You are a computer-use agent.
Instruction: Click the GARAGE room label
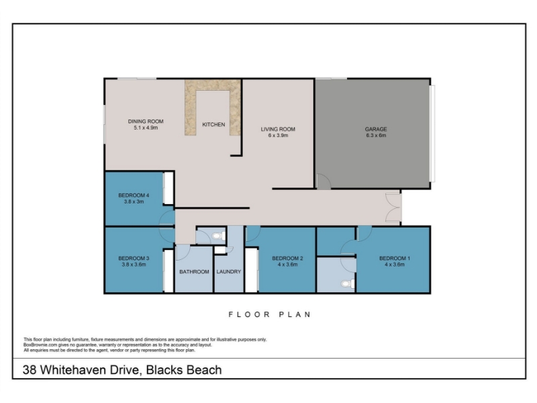click(x=376, y=129)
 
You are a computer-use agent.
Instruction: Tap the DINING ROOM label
click(x=146, y=122)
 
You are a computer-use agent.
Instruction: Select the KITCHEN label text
click(x=213, y=124)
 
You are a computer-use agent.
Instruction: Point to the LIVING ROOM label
click(x=278, y=129)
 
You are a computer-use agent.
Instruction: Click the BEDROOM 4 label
click(x=134, y=195)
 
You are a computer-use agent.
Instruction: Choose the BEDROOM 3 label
click(x=134, y=259)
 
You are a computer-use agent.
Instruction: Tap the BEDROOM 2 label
click(x=287, y=259)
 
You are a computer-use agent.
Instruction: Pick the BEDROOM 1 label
click(x=395, y=259)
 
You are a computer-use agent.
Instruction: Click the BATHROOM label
click(x=194, y=272)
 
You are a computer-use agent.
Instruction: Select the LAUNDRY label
click(x=229, y=272)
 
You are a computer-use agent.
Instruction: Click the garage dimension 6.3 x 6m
click(x=376, y=136)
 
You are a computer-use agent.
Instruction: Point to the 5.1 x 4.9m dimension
click(x=146, y=128)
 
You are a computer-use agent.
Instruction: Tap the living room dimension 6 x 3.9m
click(x=278, y=136)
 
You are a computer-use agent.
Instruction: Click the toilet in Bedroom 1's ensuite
click(x=348, y=283)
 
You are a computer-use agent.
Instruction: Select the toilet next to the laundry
click(x=219, y=236)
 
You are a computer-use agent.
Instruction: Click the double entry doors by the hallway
click(x=393, y=208)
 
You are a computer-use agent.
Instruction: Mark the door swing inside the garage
click(x=324, y=181)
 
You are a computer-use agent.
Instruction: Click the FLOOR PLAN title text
click(x=270, y=314)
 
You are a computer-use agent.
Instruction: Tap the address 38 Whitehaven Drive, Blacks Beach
click(x=122, y=370)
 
